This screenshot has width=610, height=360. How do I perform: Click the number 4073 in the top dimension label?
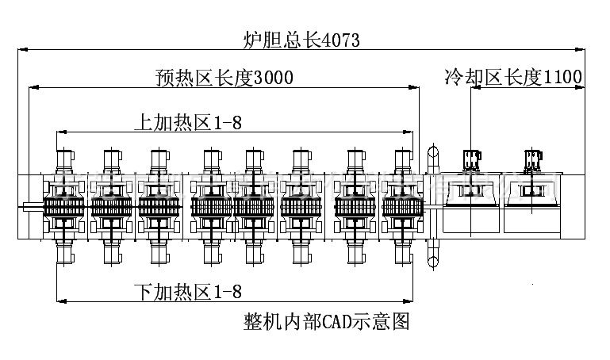[x=337, y=40]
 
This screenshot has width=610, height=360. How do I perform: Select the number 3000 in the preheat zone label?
[x=267, y=79]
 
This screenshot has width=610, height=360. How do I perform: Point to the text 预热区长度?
[x=198, y=79]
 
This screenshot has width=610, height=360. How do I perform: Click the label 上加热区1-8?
[x=187, y=122]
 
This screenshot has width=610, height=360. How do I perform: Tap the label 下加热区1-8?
[x=187, y=292]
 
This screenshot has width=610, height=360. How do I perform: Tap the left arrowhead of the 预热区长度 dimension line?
[x=33, y=88]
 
